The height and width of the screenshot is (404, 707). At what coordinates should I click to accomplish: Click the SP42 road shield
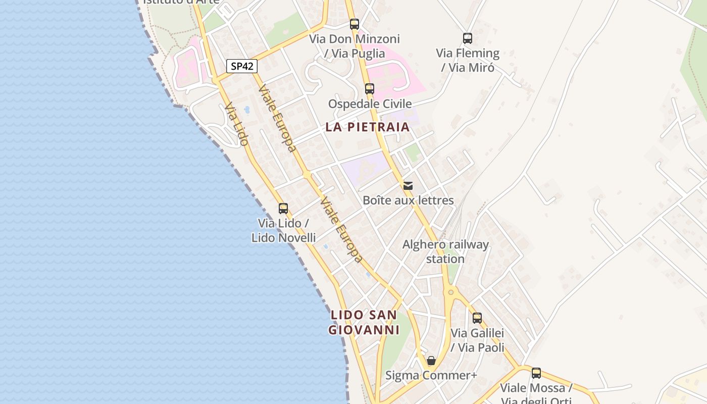click(242, 66)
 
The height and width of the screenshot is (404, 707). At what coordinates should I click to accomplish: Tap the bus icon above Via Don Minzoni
click(355, 24)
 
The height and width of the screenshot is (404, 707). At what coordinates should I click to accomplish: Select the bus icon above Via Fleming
click(468, 38)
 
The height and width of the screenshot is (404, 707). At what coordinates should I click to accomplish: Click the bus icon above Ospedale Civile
click(370, 89)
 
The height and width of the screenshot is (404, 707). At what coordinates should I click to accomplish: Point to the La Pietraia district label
click(367, 127)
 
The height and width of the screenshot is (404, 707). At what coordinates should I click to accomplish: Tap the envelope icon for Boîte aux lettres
click(408, 186)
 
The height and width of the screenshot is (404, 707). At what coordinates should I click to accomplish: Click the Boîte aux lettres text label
click(408, 200)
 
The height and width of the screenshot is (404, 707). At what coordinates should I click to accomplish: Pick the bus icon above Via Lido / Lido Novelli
click(283, 208)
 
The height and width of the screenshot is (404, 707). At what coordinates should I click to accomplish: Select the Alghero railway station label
click(445, 251)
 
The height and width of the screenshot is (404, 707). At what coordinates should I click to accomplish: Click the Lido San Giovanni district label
click(364, 322)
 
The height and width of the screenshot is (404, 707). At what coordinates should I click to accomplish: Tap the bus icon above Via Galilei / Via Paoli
click(477, 318)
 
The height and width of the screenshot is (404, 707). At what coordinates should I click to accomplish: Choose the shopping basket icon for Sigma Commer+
click(431, 361)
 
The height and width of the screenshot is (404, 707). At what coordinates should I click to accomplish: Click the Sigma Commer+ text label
click(431, 375)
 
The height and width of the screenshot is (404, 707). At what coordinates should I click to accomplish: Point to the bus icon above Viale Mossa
click(536, 373)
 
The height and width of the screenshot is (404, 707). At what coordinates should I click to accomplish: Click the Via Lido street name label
click(236, 124)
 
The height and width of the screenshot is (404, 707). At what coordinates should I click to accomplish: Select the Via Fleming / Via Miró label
click(468, 60)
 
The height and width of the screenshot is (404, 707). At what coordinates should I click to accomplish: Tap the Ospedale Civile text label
click(370, 104)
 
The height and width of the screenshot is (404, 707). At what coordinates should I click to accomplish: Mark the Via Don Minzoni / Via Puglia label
click(355, 46)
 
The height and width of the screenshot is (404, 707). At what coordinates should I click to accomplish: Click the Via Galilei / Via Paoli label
click(477, 340)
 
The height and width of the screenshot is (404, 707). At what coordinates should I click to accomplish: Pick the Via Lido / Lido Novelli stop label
click(283, 230)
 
